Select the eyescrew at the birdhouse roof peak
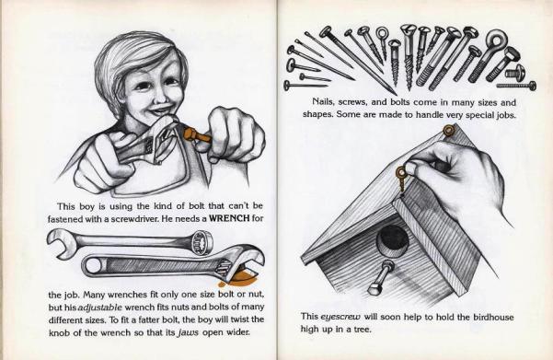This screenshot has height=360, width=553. pyautogui.click(x=448, y=132)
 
